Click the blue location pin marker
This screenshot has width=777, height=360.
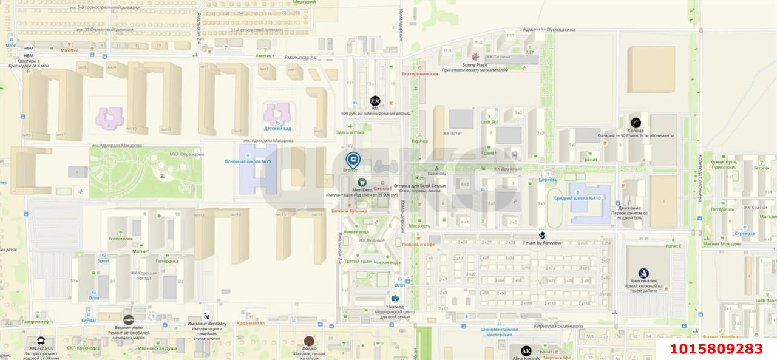[352, 160]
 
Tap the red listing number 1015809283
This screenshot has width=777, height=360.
[716, 349]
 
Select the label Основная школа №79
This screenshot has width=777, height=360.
[247, 161]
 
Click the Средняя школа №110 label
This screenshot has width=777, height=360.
[577, 199]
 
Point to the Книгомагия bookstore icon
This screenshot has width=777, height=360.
[643, 273]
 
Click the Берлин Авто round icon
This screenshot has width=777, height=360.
[128, 319]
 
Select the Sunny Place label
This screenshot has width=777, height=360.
[474, 65]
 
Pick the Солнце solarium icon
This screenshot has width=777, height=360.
[636, 123]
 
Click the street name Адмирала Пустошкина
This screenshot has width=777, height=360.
[549, 29]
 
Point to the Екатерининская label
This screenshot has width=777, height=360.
[419, 73]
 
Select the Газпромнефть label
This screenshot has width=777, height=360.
[38, 322]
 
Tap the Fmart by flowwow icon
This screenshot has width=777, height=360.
[542, 234]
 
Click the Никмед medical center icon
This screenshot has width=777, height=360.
[395, 299]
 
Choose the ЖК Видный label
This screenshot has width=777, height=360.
[371, 240]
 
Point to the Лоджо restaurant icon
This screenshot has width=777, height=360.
[309, 341]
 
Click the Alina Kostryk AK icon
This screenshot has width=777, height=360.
[526, 351]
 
